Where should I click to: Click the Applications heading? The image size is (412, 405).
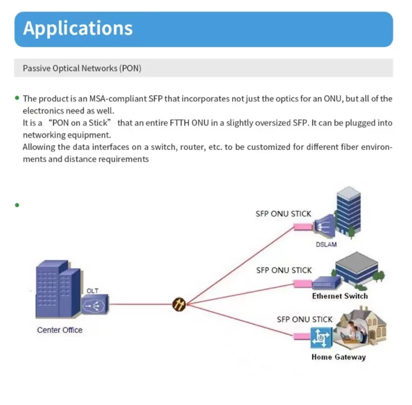pos(78,28)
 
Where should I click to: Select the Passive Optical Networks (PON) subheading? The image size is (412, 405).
pos(82,68)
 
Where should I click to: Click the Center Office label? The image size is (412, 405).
pos(60,330)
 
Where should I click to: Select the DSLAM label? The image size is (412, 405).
pos(326,244)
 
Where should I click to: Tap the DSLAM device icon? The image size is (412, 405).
pos(324,225)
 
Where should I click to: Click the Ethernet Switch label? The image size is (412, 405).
pos(340,296)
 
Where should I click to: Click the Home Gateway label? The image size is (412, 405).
pos(338,357)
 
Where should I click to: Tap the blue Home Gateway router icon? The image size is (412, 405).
pos(321,337)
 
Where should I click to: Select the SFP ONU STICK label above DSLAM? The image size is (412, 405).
pos(283,214)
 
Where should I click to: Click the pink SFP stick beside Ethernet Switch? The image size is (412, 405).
pos(303,284)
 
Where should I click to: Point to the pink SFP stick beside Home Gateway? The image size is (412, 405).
pos(301,336)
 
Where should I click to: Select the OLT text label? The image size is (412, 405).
pos(92,290)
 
